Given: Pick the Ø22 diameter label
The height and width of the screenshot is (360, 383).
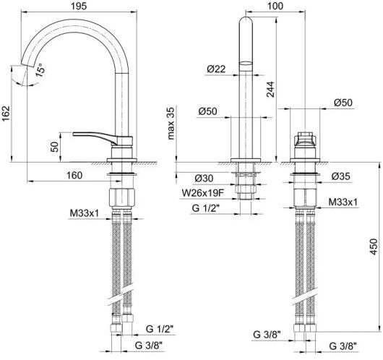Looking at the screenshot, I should point(215,69).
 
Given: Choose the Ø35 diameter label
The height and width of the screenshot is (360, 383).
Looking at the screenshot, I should point(341,176).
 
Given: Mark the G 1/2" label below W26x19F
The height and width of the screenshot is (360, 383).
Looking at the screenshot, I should point(206,207).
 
